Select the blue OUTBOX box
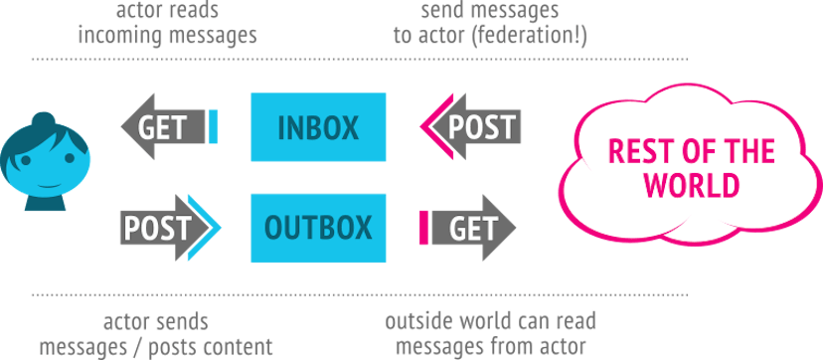(x=318, y=228)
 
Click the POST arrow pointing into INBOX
(x=475, y=127)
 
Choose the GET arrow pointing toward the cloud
(x=473, y=229)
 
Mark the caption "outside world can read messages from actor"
(x=491, y=334)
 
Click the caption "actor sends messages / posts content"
(x=156, y=334)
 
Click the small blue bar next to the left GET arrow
(x=213, y=127)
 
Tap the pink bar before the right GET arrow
(x=424, y=229)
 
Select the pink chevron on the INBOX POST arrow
(x=430, y=127)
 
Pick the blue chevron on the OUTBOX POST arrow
(x=205, y=229)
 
